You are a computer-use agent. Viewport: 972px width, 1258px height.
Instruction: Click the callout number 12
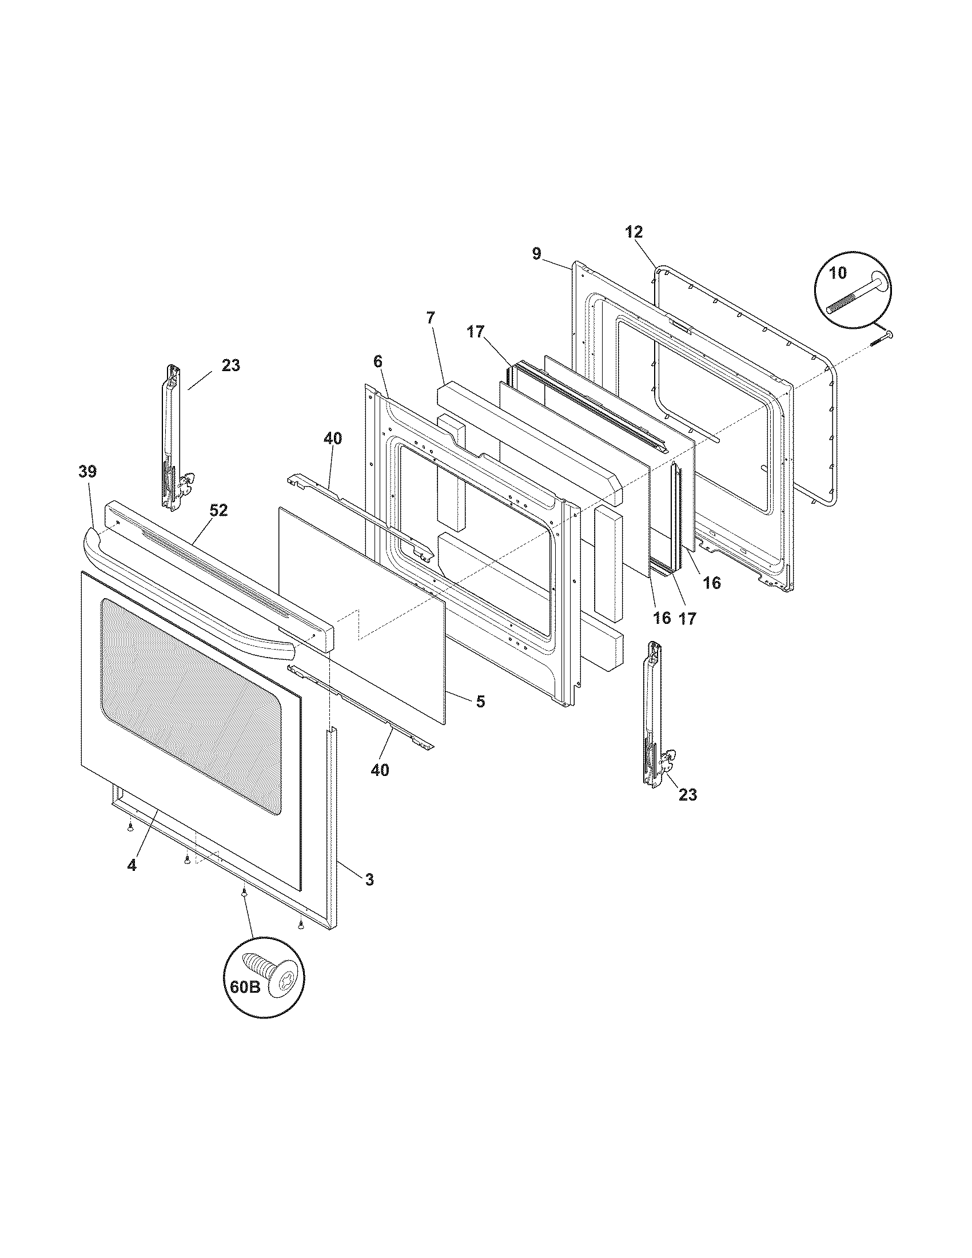click(x=634, y=232)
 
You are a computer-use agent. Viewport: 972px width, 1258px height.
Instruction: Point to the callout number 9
click(x=537, y=254)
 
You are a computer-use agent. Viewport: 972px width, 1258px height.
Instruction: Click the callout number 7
click(x=431, y=317)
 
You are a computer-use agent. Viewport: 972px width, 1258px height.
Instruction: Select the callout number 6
click(x=378, y=362)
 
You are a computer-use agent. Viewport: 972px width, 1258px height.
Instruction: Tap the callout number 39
click(x=88, y=472)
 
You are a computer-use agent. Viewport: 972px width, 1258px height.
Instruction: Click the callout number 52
click(x=218, y=510)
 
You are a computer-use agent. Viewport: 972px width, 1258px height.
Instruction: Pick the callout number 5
click(x=480, y=701)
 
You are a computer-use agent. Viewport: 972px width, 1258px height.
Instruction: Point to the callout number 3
click(x=369, y=895)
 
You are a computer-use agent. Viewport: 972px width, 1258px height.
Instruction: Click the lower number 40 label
click(x=380, y=770)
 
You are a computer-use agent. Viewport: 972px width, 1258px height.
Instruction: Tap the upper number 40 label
click(x=332, y=439)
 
